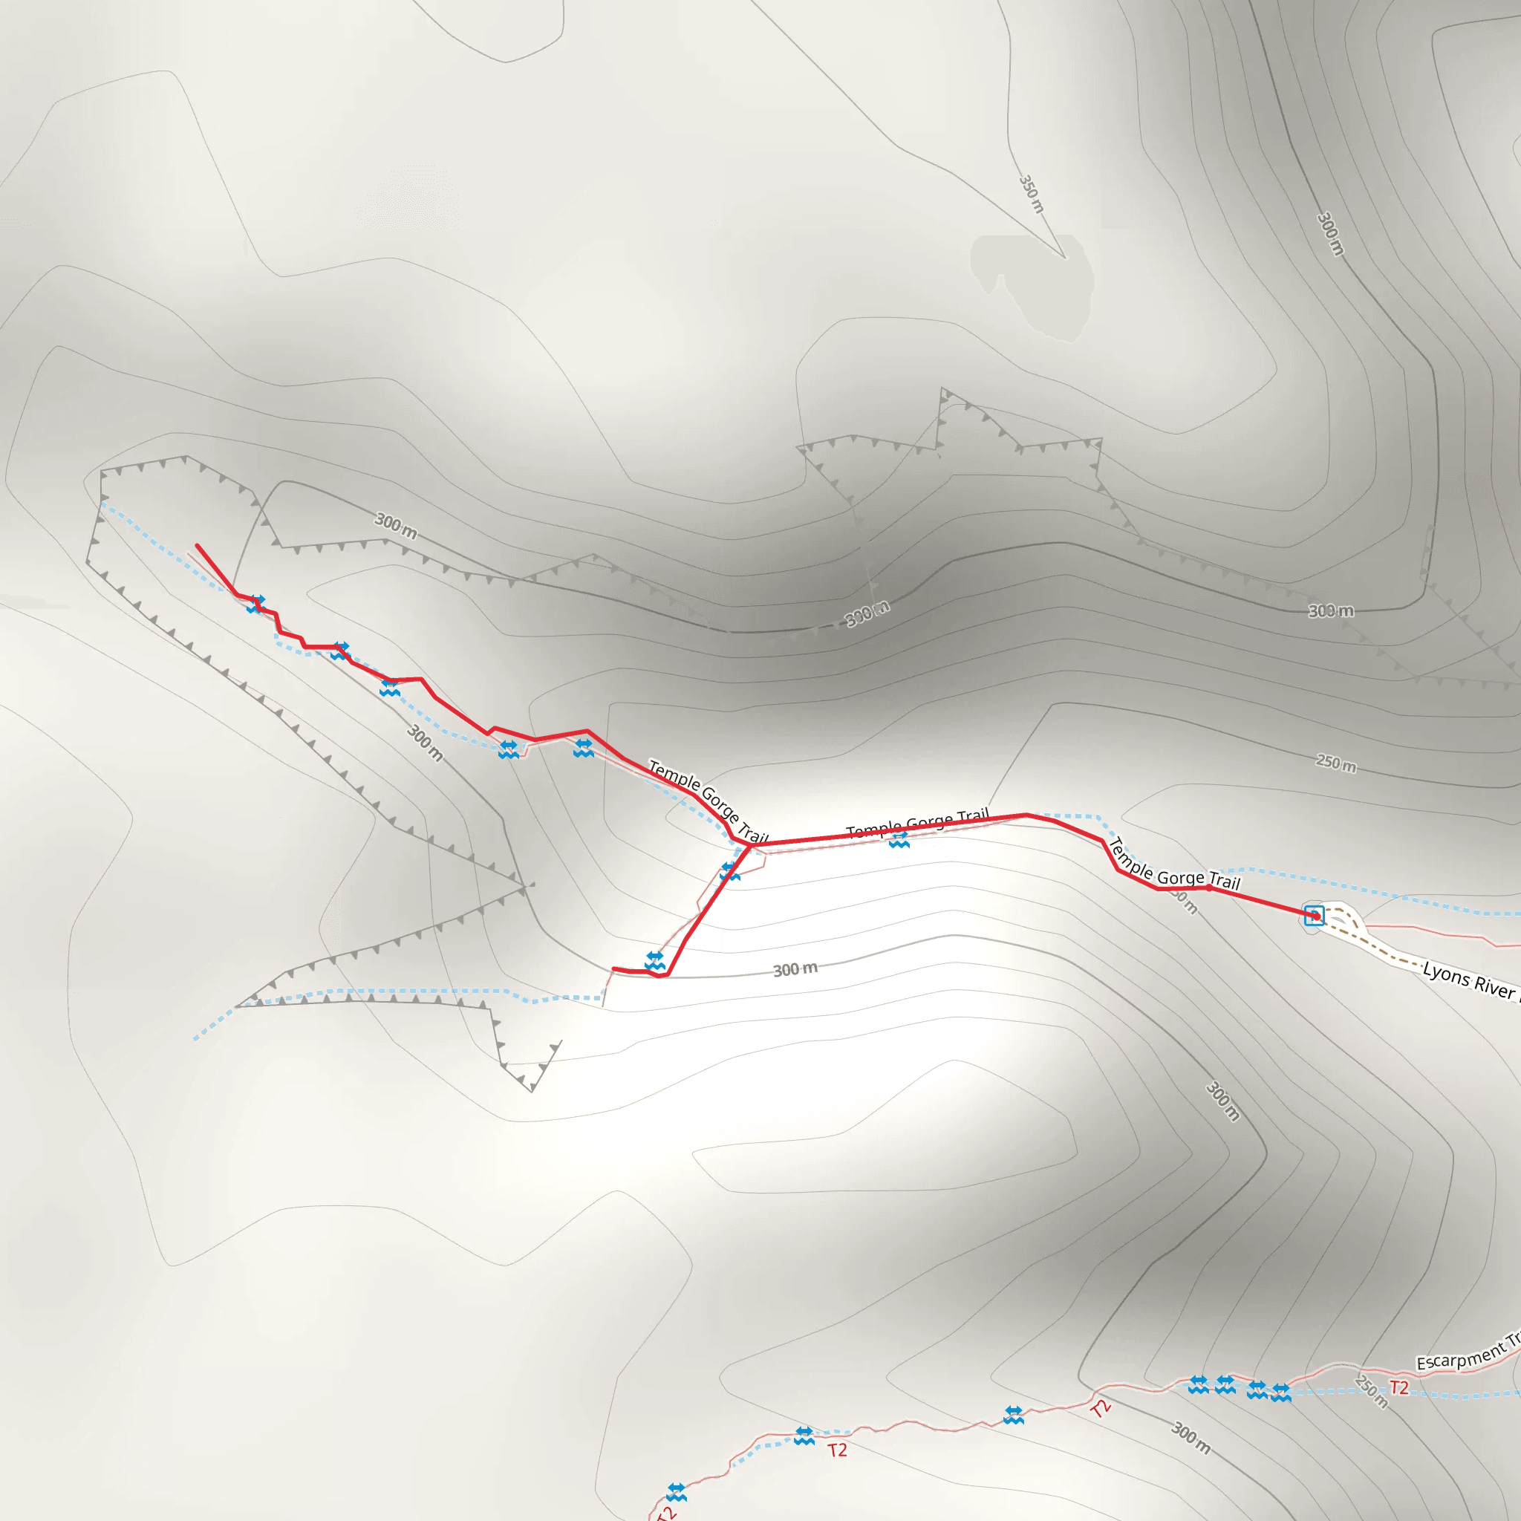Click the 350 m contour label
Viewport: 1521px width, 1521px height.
pyautogui.click(x=1031, y=194)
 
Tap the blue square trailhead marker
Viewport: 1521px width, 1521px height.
pyautogui.click(x=1314, y=915)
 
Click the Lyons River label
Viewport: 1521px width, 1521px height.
pyautogui.click(x=1469, y=981)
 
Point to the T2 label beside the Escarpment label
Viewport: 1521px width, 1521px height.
pyautogui.click(x=1399, y=1387)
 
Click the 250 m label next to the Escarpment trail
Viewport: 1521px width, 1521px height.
pyautogui.click(x=1371, y=1391)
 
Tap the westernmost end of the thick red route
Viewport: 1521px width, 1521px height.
pyautogui.click(x=197, y=545)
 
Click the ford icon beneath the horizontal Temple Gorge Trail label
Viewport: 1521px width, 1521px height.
pyautogui.click(x=899, y=841)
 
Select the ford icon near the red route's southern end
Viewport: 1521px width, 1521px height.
pyautogui.click(x=654, y=960)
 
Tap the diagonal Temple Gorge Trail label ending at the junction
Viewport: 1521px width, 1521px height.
pyautogui.click(x=707, y=800)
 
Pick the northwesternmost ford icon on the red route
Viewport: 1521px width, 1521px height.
pyautogui.click(x=255, y=604)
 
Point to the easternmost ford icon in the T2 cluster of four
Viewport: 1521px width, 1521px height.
pyautogui.click(x=1281, y=1393)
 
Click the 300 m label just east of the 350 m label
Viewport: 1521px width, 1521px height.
pyautogui.click(x=1329, y=233)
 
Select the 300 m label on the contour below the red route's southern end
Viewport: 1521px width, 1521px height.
pyautogui.click(x=795, y=969)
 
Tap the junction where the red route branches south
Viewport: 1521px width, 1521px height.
pyautogui.click(x=748, y=845)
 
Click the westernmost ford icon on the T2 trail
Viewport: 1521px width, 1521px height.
pyautogui.click(x=677, y=1492)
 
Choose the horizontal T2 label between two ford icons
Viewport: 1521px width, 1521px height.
pyautogui.click(x=837, y=1450)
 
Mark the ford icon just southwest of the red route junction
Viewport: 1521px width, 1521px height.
pyautogui.click(x=730, y=871)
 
